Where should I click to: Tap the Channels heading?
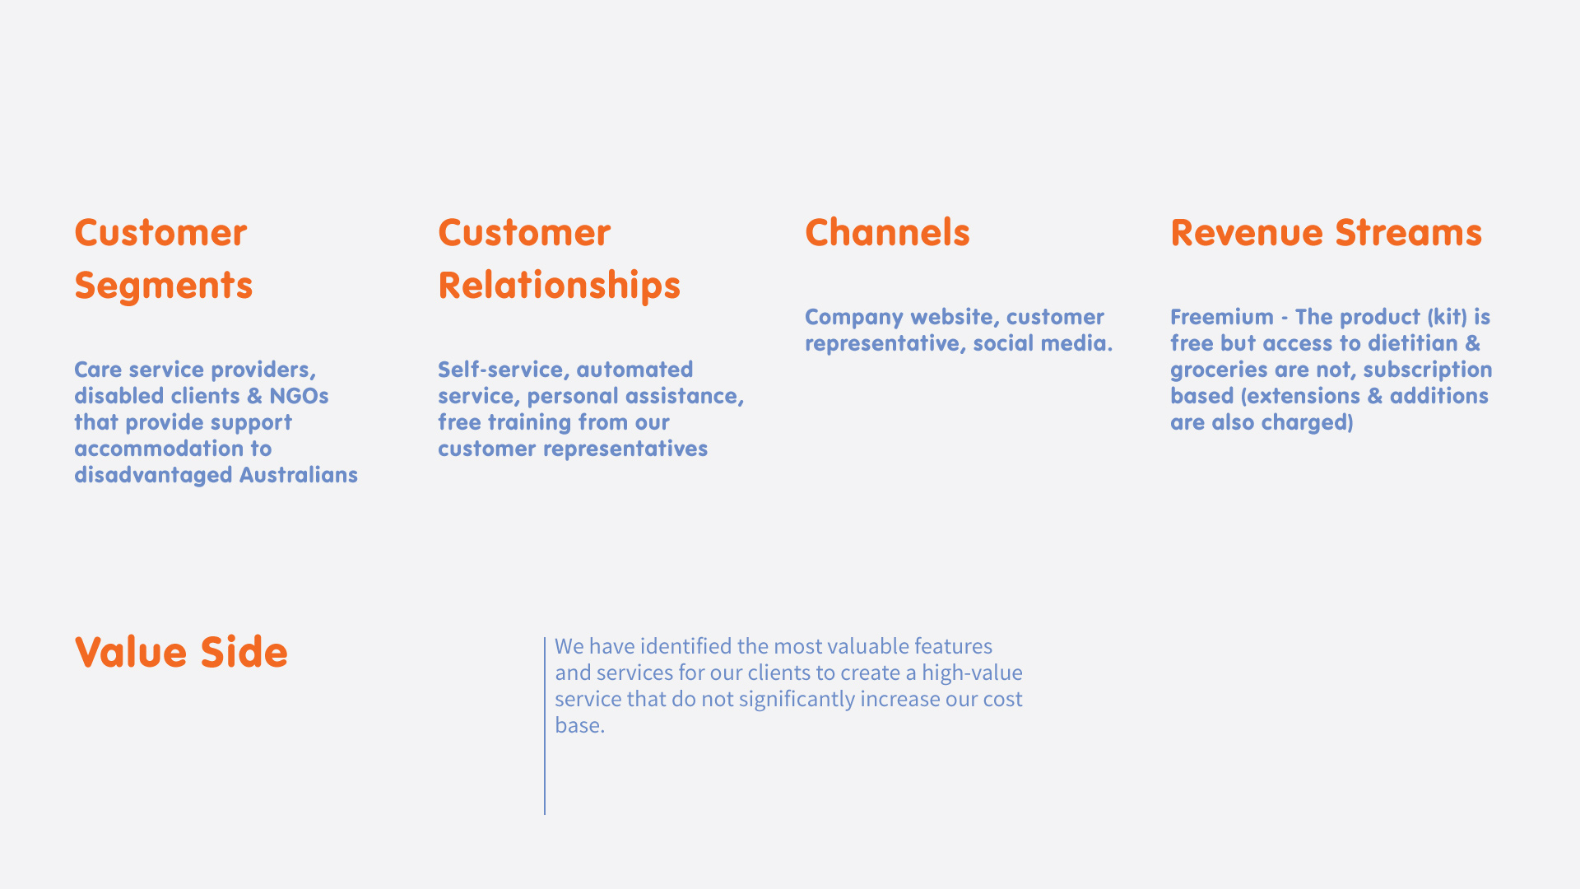[x=887, y=232]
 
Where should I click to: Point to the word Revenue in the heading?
[x=1248, y=233]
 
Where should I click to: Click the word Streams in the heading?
[x=1408, y=233]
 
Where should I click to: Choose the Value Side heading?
[x=181, y=652]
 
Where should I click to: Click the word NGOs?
[x=299, y=396]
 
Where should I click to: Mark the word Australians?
[x=299, y=475]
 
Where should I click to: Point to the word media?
[x=1085, y=343]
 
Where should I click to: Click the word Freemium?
[x=1222, y=317]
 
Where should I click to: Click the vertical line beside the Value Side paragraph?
[x=545, y=726]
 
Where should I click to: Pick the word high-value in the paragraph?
[x=972, y=673]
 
